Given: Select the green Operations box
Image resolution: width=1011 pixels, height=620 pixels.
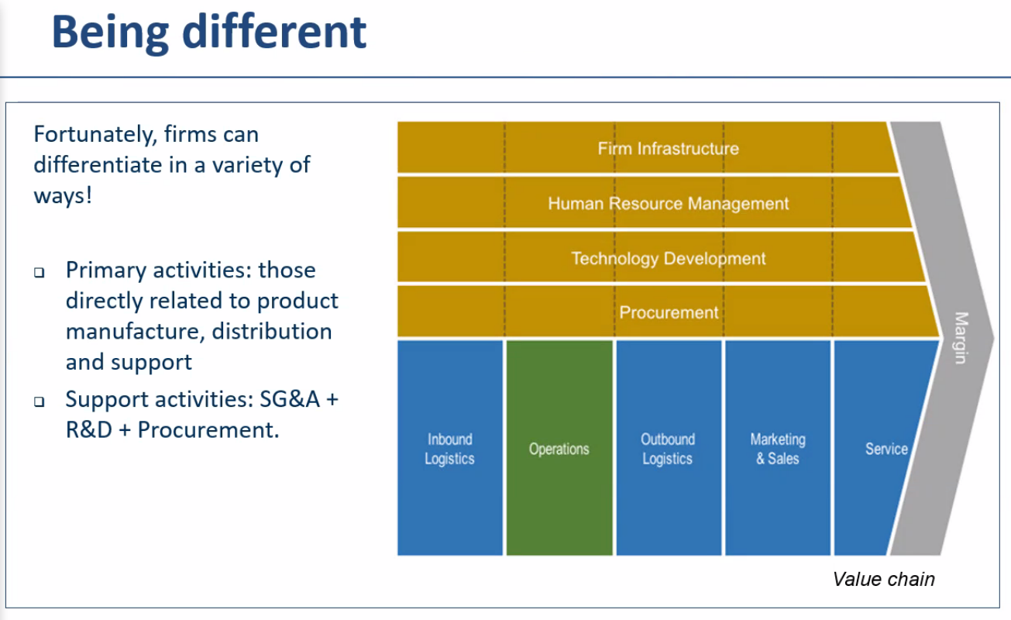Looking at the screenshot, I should click(559, 448).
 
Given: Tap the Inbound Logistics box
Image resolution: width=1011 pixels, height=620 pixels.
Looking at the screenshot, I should click(449, 448).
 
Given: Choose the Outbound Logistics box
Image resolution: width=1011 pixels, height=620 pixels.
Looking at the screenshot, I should click(668, 448).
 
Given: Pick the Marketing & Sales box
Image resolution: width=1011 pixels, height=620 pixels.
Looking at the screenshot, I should click(777, 448).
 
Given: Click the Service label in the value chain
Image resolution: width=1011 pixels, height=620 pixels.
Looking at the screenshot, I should click(885, 449).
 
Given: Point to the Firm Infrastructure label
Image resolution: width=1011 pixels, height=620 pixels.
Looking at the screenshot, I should click(668, 148).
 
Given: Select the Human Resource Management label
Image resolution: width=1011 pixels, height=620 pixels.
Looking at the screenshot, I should click(668, 204).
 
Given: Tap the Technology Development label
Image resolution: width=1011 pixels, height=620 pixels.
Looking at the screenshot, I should click(668, 258).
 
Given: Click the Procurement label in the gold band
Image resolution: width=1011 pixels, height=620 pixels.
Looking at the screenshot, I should click(669, 312).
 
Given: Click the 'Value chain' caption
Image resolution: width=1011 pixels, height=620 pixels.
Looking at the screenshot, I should click(883, 579).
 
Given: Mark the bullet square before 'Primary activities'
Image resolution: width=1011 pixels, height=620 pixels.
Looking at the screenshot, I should click(40, 273).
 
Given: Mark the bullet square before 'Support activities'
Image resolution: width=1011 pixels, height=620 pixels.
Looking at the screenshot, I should click(40, 402).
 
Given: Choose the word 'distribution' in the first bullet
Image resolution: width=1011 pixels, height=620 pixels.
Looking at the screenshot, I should click(272, 332).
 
